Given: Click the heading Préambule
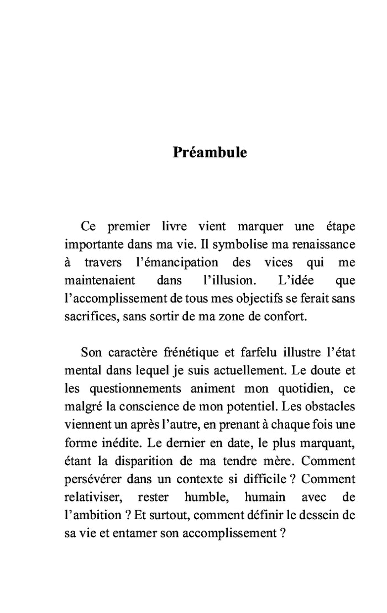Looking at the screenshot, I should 210,152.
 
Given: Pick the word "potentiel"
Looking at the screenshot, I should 249,406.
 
